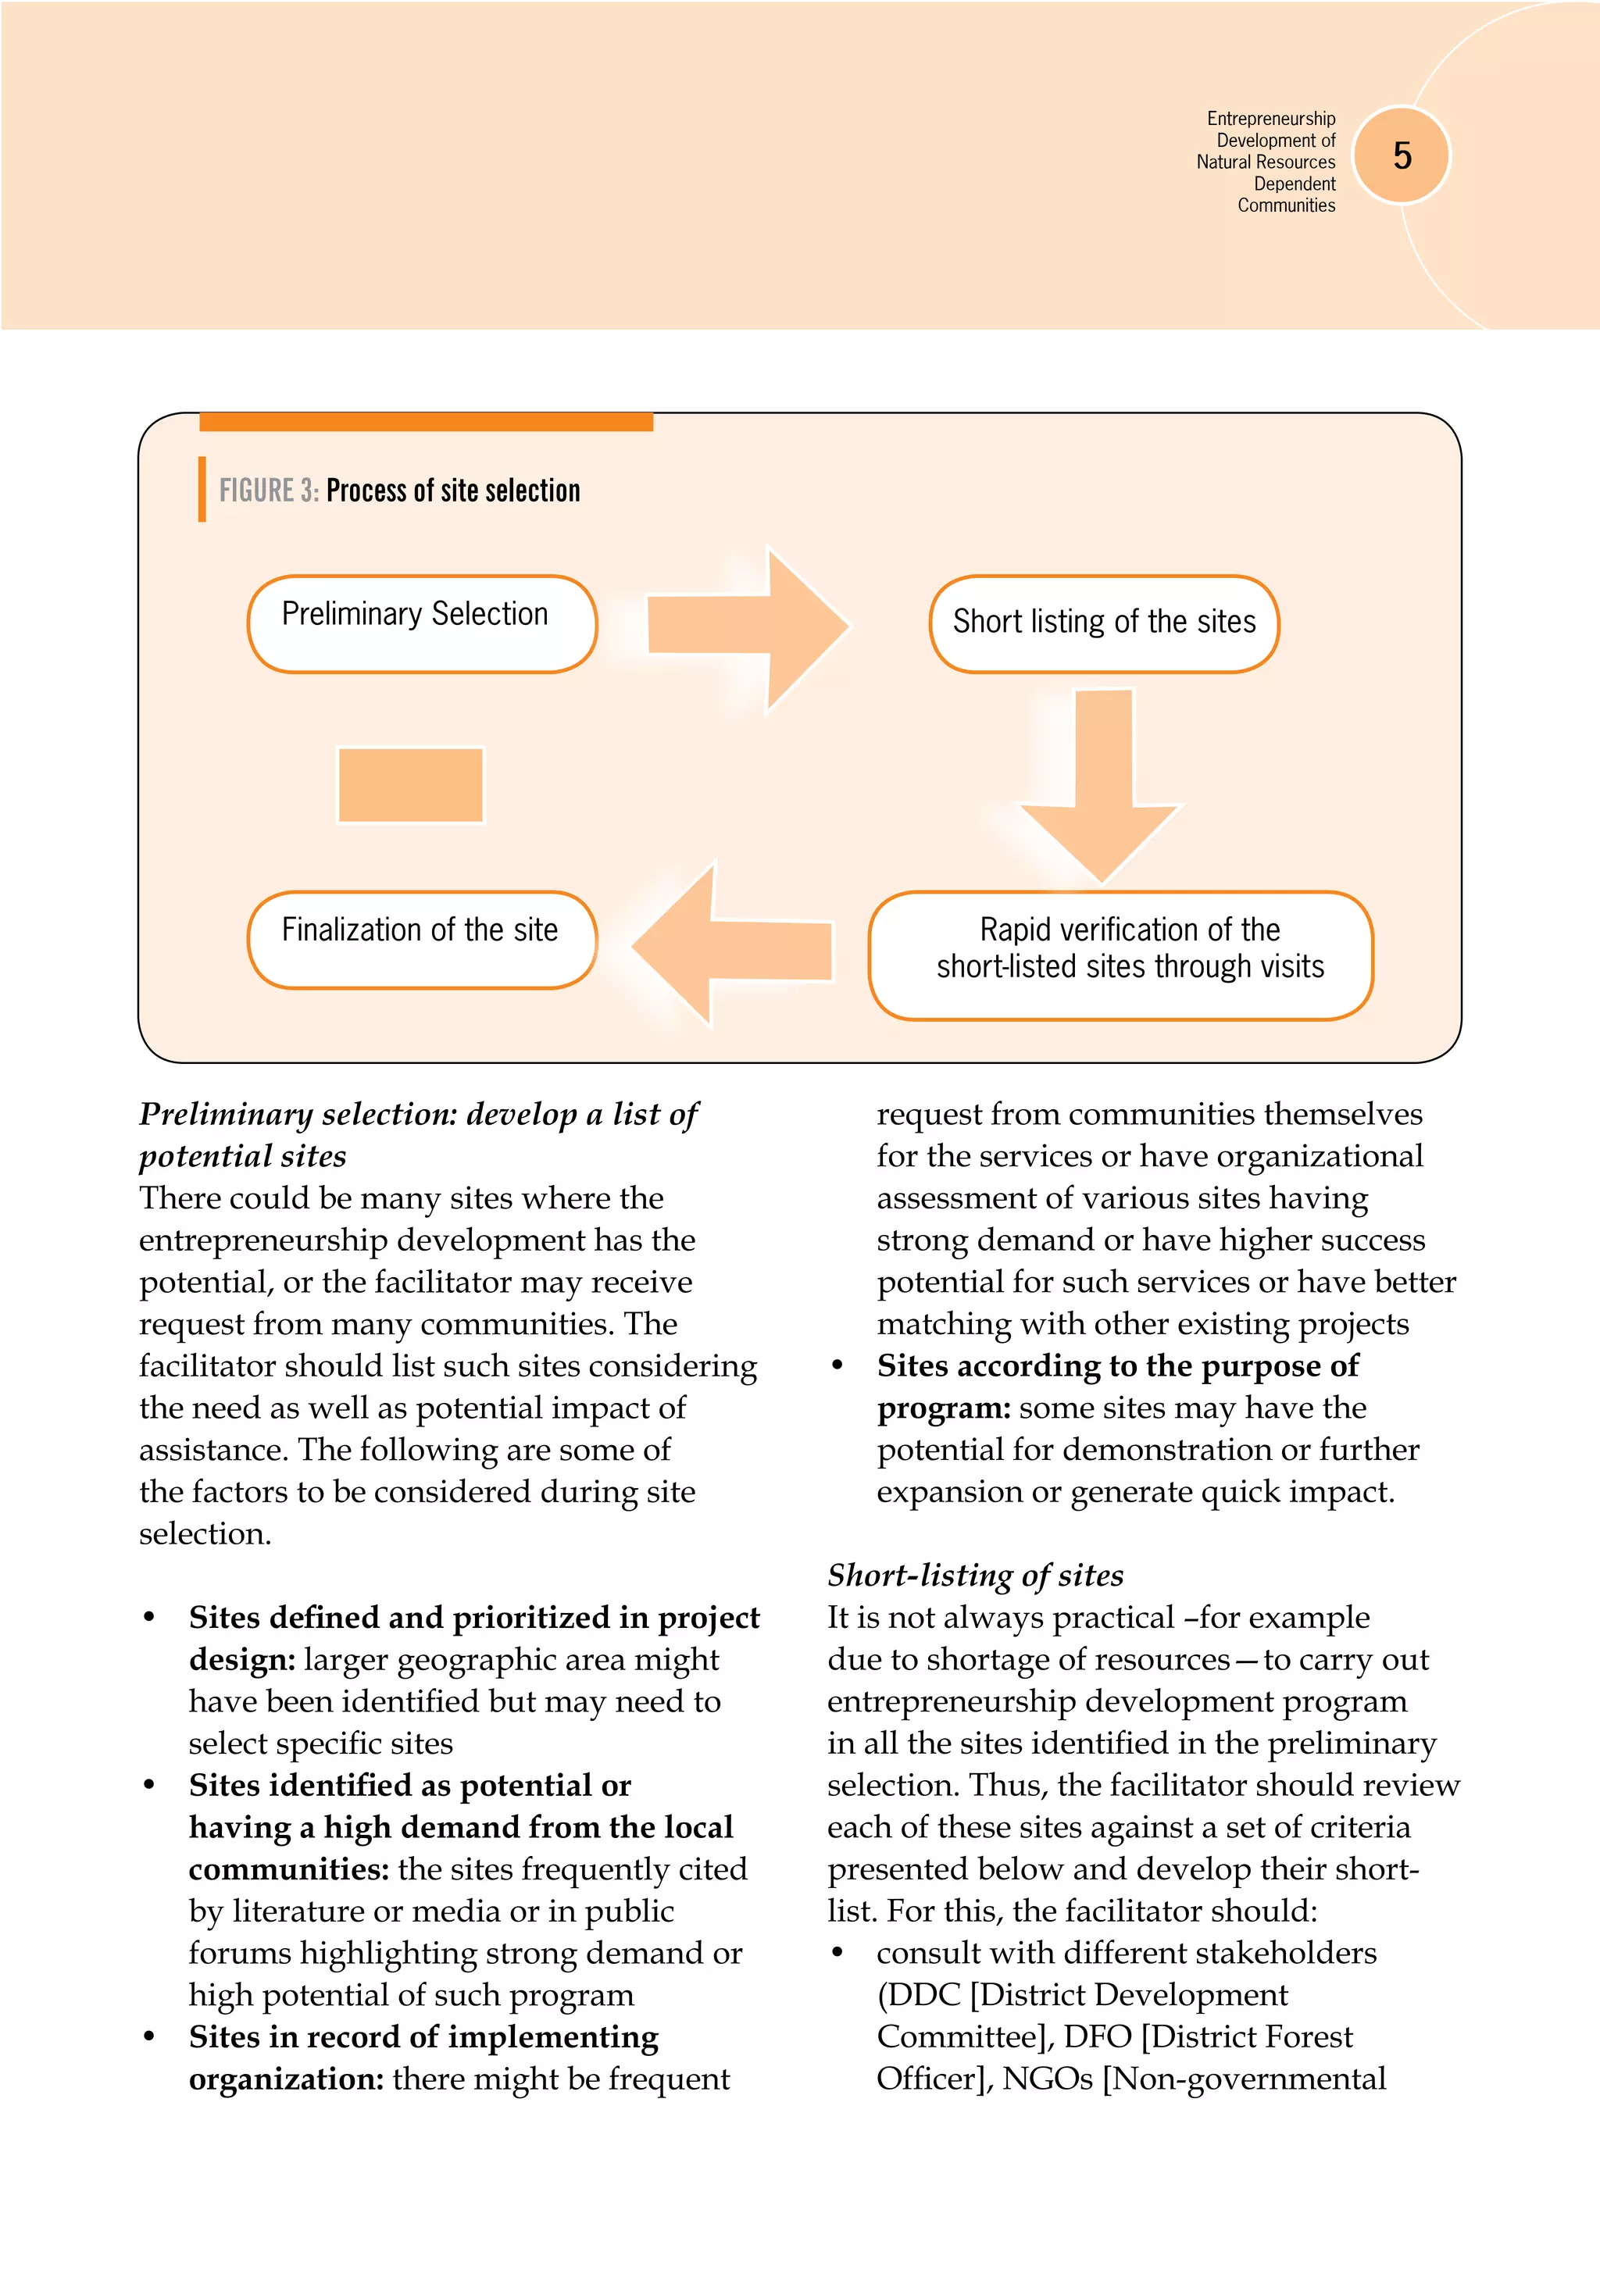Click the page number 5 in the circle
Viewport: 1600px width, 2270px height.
(x=1402, y=155)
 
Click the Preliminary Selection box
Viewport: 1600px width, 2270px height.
(x=421, y=623)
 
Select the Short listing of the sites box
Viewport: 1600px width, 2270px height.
(x=1104, y=623)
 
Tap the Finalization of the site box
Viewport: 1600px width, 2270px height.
(x=421, y=938)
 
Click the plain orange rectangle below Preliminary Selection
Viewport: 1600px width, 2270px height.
(x=410, y=784)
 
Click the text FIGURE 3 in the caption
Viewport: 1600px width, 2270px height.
(x=268, y=491)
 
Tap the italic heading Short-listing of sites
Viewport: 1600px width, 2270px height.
(x=975, y=1574)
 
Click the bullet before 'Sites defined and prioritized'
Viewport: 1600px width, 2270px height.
(x=149, y=1618)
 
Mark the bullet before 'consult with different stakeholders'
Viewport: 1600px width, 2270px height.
(x=837, y=1953)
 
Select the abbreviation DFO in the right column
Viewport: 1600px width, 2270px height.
(x=1098, y=2036)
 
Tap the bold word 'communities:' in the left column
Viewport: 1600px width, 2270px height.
(x=289, y=1868)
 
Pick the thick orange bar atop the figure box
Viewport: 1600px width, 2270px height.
(x=427, y=422)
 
